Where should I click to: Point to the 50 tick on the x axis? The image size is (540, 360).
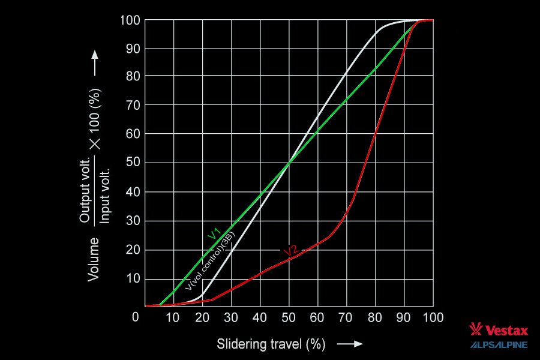pyautogui.click(x=289, y=317)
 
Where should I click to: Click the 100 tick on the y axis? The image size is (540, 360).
pyautogui.click(x=131, y=20)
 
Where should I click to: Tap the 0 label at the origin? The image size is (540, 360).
pyautogui.click(x=136, y=317)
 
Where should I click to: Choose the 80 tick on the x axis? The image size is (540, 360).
pyautogui.click(x=376, y=317)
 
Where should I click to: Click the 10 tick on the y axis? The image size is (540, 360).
pyautogui.click(x=134, y=279)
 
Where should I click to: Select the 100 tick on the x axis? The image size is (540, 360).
pyautogui.click(x=432, y=317)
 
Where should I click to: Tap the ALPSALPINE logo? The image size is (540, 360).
pyautogui.click(x=499, y=344)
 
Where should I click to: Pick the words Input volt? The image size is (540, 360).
pyautogui.click(x=105, y=193)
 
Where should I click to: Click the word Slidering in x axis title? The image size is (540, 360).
pyautogui.click(x=238, y=344)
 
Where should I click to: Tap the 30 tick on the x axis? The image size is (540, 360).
pyautogui.click(x=232, y=317)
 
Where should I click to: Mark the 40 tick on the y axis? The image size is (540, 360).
pyautogui.click(x=134, y=193)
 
